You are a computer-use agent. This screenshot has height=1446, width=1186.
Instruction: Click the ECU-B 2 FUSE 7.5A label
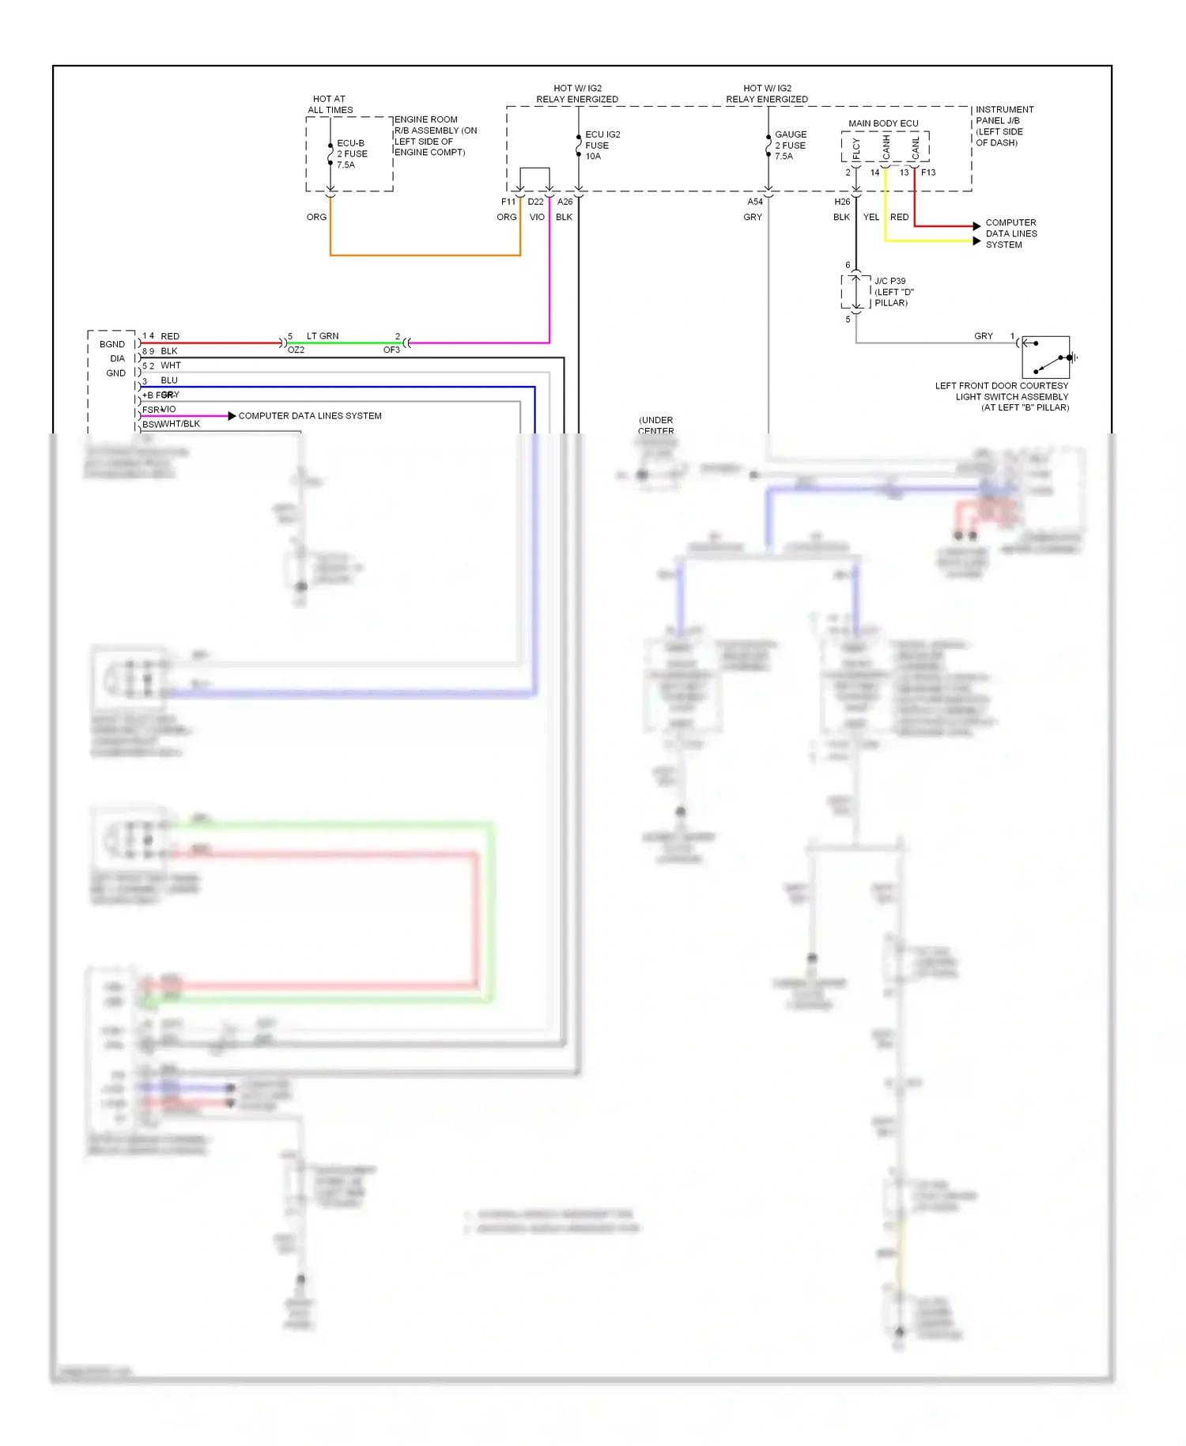pyautogui.click(x=352, y=154)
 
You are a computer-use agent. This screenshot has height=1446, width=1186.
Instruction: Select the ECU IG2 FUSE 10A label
pyautogui.click(x=602, y=146)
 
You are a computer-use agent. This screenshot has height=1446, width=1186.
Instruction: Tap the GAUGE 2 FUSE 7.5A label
pyautogui.click(x=790, y=146)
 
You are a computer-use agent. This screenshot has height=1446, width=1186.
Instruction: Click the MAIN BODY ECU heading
pyautogui.click(x=883, y=123)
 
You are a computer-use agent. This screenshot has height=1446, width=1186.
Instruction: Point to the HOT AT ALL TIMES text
pyautogui.click(x=330, y=104)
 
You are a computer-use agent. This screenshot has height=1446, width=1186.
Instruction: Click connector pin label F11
pyautogui.click(x=508, y=202)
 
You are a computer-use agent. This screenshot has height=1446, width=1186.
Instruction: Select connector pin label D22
pyautogui.click(x=536, y=202)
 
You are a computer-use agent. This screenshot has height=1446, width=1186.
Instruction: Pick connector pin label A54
pyautogui.click(x=755, y=202)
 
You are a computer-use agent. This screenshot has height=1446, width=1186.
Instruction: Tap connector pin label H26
pyautogui.click(x=842, y=202)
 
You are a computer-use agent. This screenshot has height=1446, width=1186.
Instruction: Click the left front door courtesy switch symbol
pyautogui.click(x=1045, y=358)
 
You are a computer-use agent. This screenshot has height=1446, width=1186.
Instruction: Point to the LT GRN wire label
pyautogui.click(x=323, y=336)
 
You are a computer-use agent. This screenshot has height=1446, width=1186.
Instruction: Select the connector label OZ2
pyautogui.click(x=296, y=350)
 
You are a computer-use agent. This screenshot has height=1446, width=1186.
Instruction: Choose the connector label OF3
pyautogui.click(x=391, y=350)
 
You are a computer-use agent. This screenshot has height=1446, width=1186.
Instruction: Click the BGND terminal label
pyautogui.click(x=112, y=344)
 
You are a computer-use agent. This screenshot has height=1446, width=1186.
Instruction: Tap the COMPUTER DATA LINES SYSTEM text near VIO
pyautogui.click(x=310, y=416)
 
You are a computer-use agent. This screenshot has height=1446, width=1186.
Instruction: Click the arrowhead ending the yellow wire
pyautogui.click(x=977, y=240)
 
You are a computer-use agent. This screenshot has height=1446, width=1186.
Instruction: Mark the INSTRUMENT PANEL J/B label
pyautogui.click(x=1003, y=126)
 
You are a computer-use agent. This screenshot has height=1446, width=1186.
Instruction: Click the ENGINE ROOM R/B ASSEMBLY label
pyautogui.click(x=435, y=136)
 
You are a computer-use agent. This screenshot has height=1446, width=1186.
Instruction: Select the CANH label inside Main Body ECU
pyautogui.click(x=886, y=146)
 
